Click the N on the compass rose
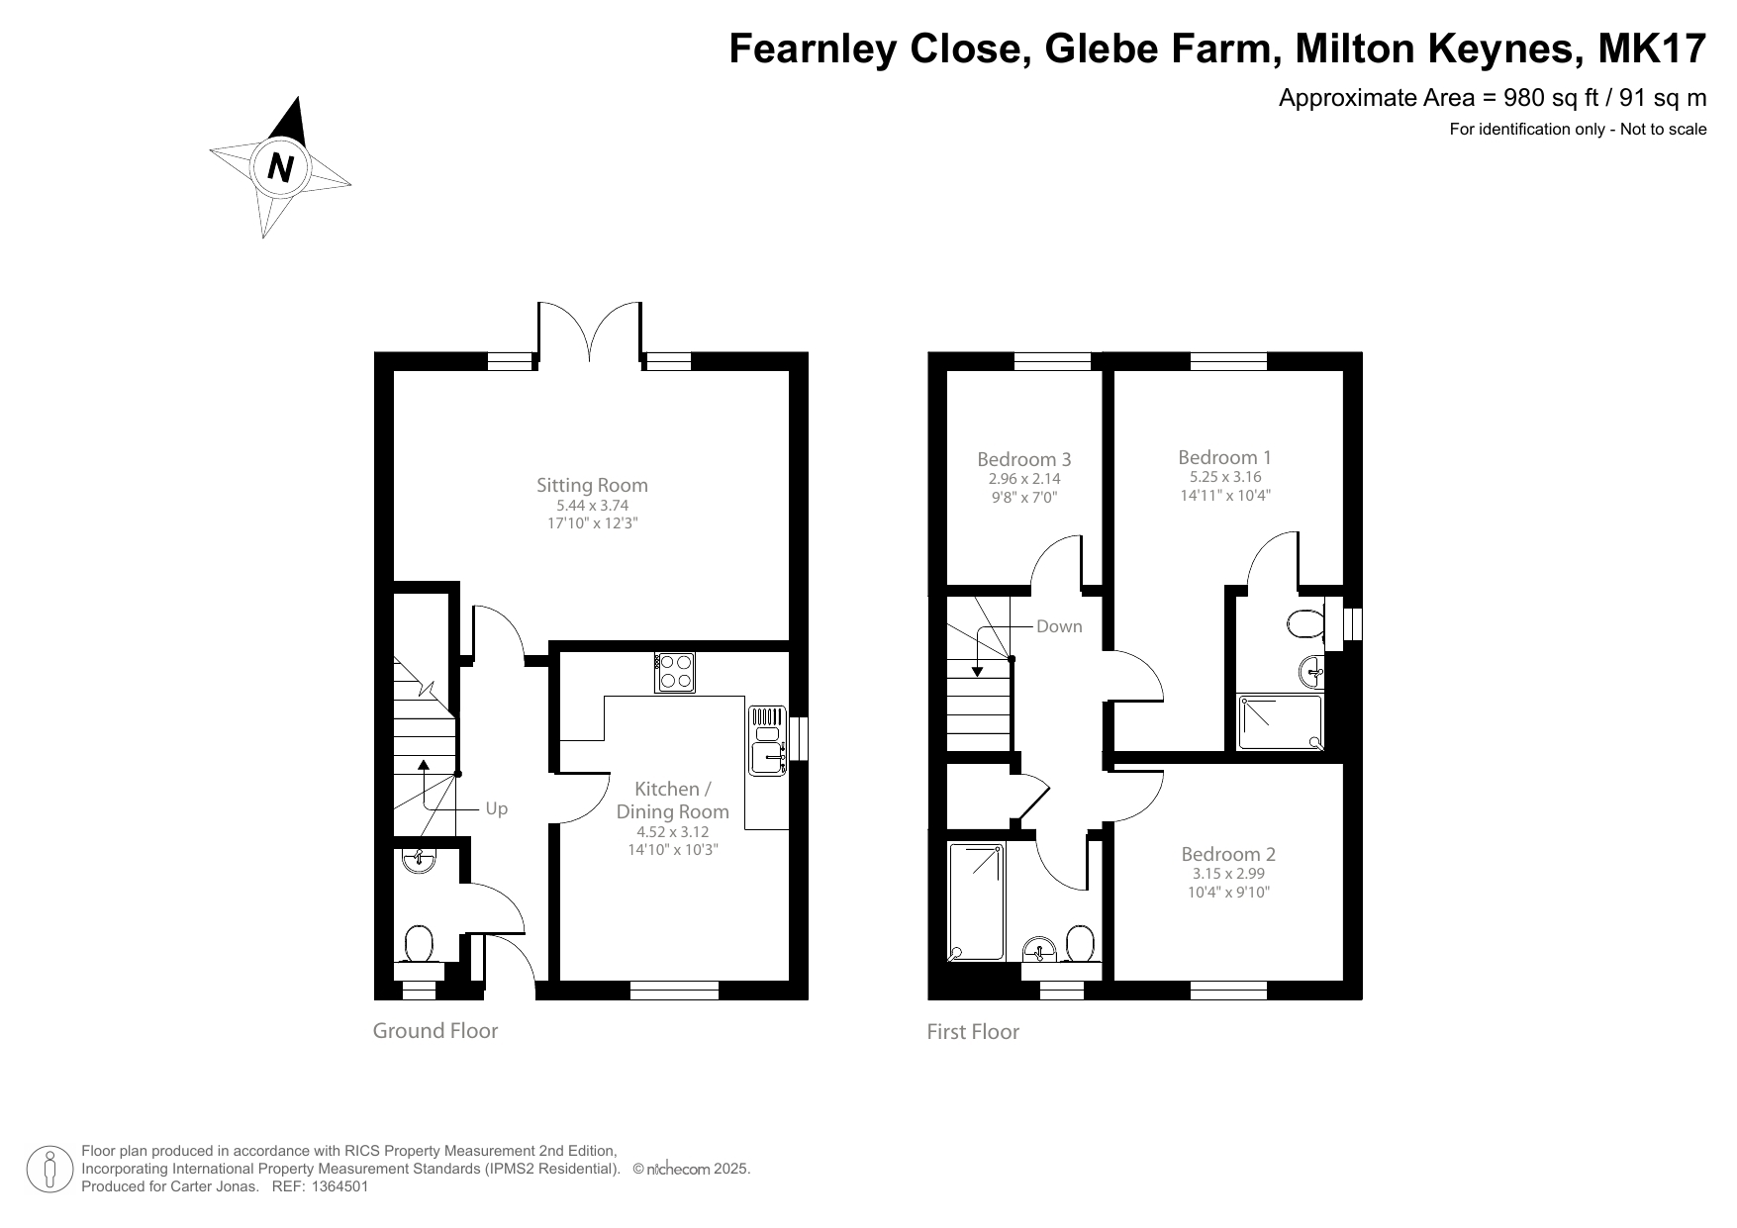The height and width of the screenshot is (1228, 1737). (281, 167)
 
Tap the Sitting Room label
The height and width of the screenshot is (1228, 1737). (592, 485)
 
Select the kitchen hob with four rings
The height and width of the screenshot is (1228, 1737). (674, 672)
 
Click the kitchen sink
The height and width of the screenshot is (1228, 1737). (767, 758)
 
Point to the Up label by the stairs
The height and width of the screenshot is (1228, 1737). (496, 808)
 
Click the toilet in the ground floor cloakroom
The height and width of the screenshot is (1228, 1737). (420, 944)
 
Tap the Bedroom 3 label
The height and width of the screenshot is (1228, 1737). (1023, 459)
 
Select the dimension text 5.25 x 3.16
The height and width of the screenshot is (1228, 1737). (1225, 476)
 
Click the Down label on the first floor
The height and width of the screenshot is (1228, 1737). (1059, 626)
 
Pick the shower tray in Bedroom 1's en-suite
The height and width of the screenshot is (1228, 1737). (1280, 721)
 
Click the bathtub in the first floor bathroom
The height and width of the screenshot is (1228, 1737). (976, 901)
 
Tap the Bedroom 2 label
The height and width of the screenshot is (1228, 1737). (1228, 854)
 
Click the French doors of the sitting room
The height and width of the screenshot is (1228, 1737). (591, 331)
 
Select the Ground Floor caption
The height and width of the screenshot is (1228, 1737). (434, 1030)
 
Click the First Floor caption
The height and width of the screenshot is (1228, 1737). (972, 1031)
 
